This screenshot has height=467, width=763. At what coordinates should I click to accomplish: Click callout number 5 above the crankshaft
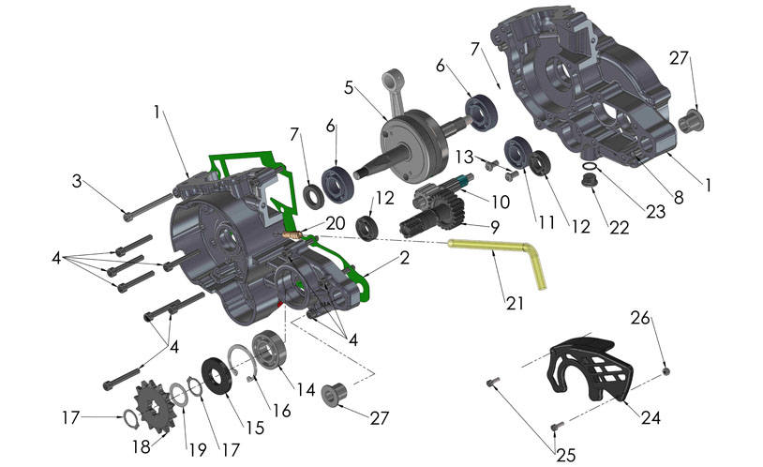click(x=349, y=88)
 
